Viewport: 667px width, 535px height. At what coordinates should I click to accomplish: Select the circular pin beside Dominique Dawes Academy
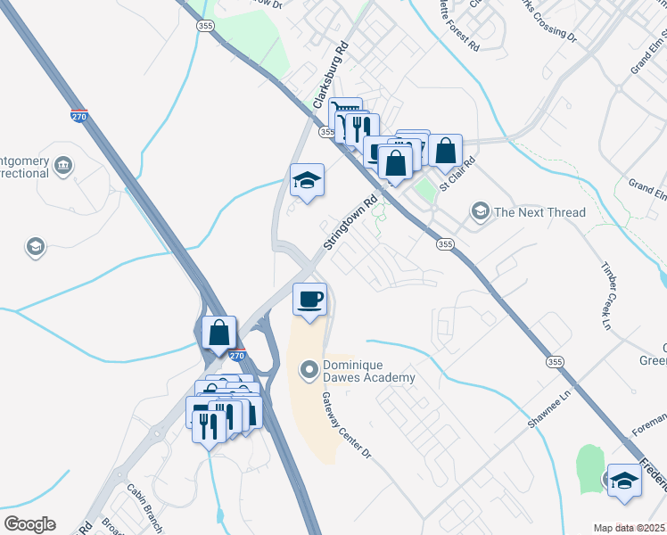tap(309, 368)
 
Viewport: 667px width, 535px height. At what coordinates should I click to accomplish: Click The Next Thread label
tap(539, 212)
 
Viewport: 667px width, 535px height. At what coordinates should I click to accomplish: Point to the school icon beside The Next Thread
tap(481, 211)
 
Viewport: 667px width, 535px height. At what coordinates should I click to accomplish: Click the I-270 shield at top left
tap(79, 115)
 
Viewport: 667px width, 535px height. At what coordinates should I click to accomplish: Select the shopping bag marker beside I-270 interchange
tap(218, 333)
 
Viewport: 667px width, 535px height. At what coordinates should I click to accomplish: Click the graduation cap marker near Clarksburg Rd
tap(307, 180)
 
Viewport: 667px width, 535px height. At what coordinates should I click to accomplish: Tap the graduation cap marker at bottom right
tap(624, 481)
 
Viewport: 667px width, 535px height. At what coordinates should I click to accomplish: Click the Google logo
tap(29, 524)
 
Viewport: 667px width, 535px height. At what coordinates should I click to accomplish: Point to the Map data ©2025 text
tap(630, 528)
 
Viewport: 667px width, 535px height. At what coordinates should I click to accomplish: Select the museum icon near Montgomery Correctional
tap(62, 166)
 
